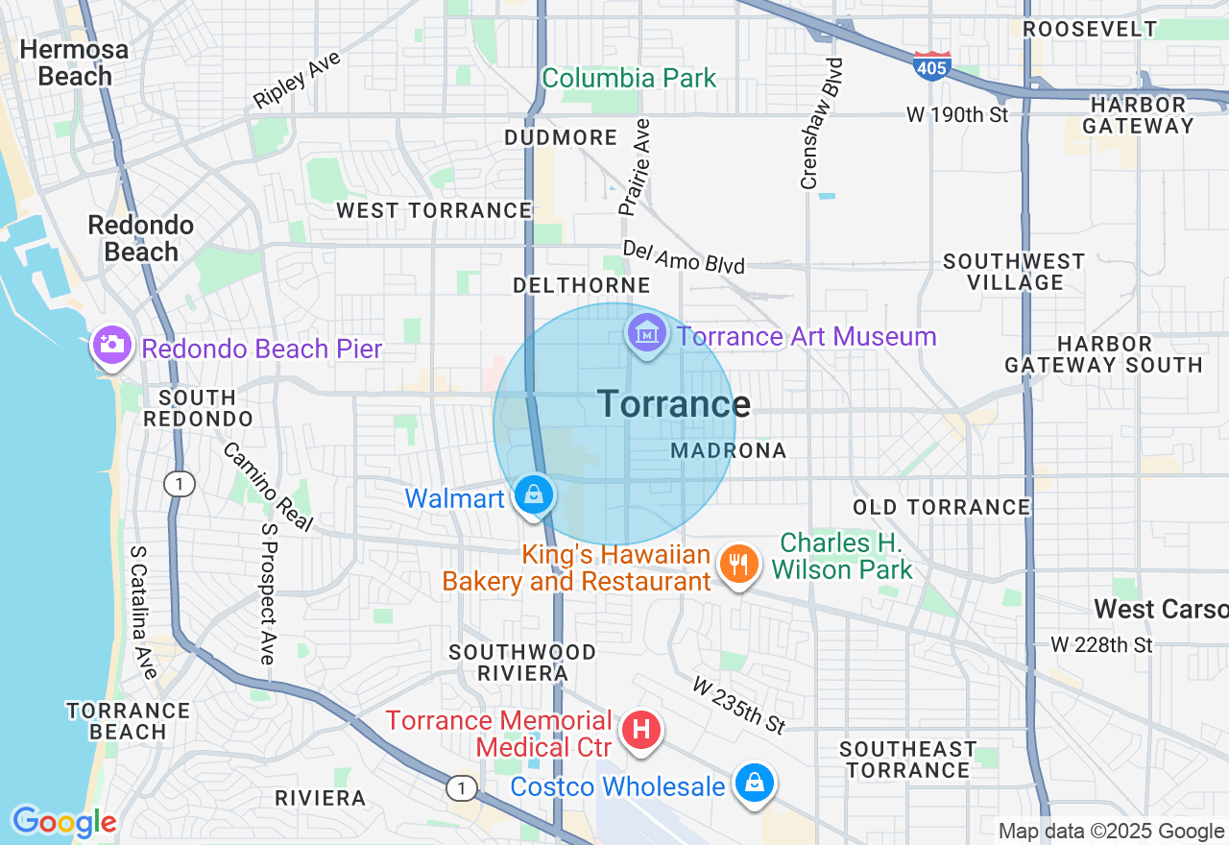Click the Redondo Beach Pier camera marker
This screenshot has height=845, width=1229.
[111, 344]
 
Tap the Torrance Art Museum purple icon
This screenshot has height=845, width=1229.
[646, 333]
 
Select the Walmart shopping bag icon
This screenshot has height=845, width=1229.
[534, 495]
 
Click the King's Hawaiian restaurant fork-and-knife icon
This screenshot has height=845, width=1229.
[737, 564]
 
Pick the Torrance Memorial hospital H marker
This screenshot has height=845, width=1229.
[641, 730]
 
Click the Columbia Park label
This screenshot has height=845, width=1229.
[629, 78]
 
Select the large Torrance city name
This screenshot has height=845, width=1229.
[673, 404]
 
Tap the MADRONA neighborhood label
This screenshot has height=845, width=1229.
[729, 450]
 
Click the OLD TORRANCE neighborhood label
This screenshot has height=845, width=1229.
[942, 507]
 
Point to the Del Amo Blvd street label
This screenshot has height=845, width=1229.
[683, 256]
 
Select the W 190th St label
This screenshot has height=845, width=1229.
[957, 115]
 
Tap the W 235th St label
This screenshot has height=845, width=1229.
[739, 704]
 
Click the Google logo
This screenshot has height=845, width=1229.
[64, 822]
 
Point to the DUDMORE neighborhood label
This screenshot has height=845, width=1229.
[561, 138]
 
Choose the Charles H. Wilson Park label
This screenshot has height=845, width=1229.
[842, 556]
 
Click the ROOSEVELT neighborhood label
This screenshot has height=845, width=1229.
[1090, 29]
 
